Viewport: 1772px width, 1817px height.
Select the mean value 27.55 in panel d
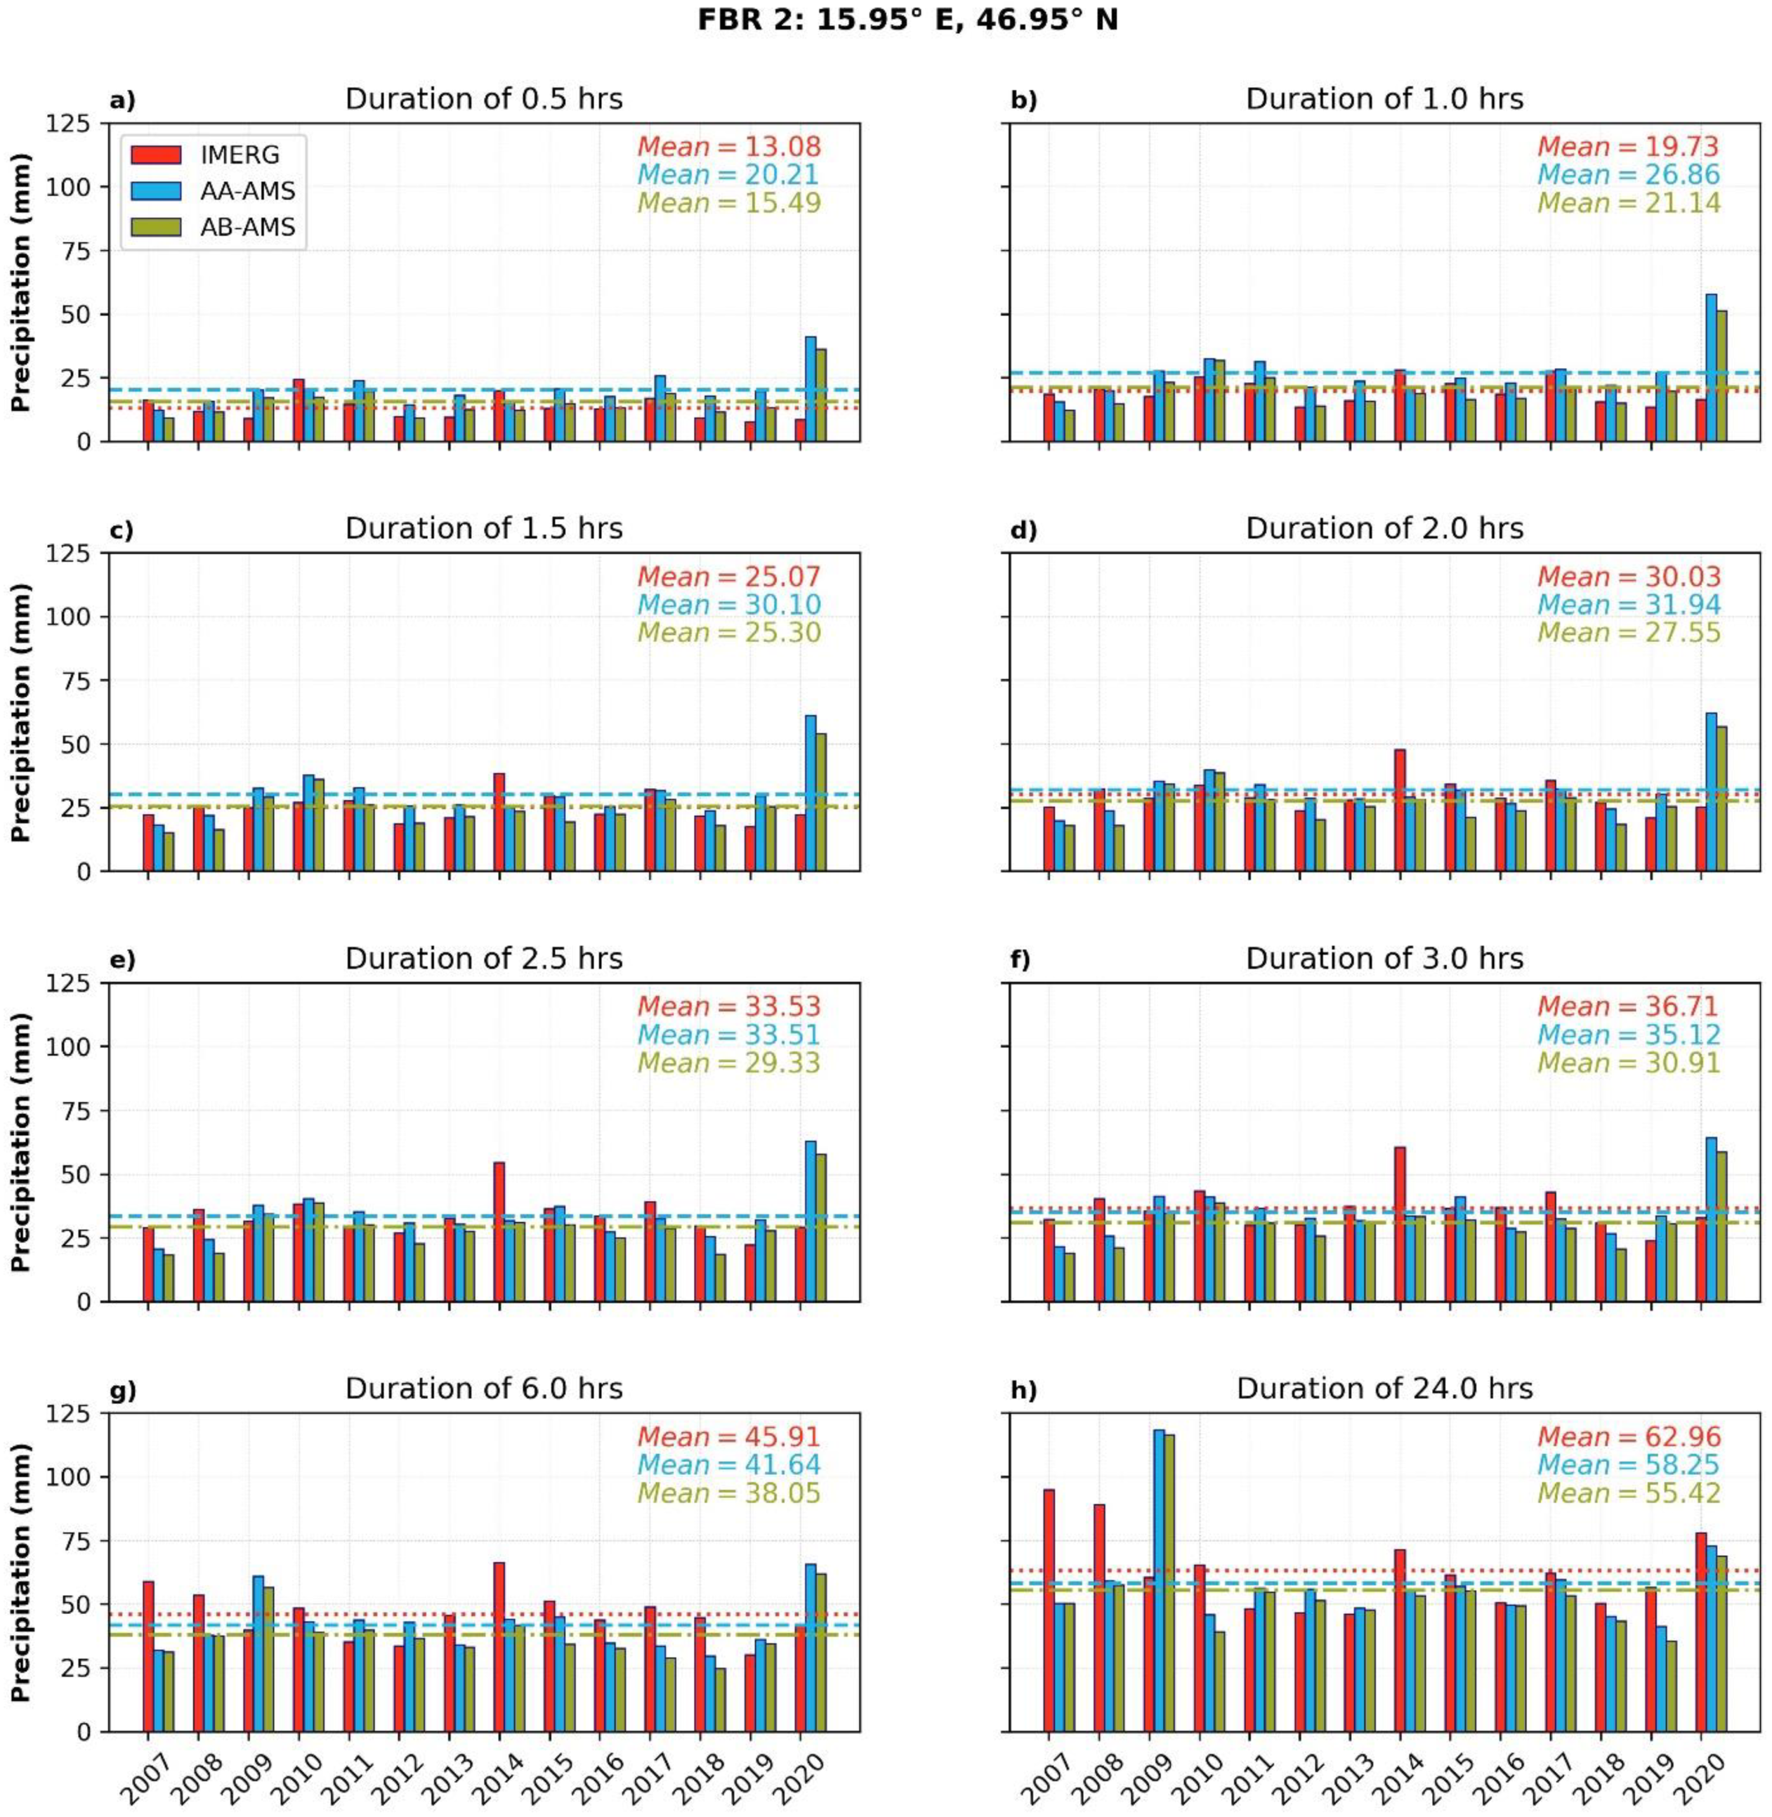(x=1629, y=632)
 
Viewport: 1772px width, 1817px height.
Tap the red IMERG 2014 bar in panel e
(x=499, y=1231)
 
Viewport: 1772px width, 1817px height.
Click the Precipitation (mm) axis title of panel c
(x=21, y=711)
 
